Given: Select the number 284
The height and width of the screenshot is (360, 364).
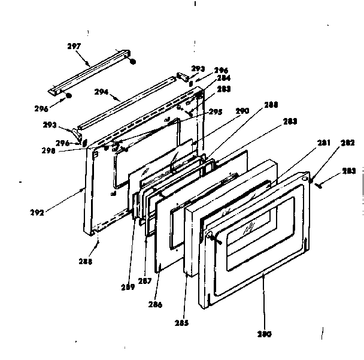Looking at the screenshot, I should [207, 78].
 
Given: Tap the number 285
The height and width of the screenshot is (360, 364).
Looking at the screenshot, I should [182, 323].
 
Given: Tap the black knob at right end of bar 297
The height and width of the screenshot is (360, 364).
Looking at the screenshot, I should [133, 61].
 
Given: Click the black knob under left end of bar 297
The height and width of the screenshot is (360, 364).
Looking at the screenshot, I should [69, 96].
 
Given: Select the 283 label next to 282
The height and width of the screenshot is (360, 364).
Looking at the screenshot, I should [349, 171].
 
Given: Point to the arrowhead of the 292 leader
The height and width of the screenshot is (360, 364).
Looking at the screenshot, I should [84, 189].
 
